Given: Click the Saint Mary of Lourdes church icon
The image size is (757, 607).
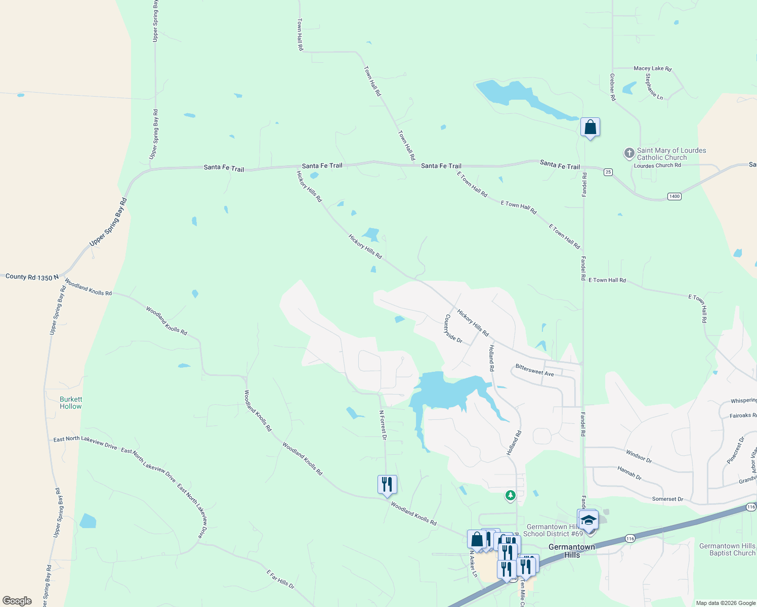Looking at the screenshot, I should coord(629,153).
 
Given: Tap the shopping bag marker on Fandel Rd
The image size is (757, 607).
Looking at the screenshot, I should coord(590,127).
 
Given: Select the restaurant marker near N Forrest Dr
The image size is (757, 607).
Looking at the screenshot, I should coord(387,485).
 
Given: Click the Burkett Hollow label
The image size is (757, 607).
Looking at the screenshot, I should coord(71,403).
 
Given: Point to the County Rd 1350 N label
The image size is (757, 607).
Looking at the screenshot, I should coord(32,277).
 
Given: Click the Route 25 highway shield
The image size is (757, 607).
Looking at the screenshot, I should coord(608,172).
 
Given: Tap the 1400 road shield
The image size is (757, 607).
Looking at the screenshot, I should coord(674,196).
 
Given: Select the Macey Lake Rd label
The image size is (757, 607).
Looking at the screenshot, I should coord(652,68).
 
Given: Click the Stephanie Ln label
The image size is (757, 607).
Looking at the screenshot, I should coord(654,86).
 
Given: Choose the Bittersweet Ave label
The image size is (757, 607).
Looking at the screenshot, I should coord(534,370).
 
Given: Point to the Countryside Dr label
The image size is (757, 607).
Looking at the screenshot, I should coord(453,329).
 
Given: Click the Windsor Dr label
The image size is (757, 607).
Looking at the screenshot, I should coord(639,456).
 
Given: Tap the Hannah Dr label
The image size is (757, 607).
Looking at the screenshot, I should coord(629,473).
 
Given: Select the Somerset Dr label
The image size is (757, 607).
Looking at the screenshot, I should coord(667,499).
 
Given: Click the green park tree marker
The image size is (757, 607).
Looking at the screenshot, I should coord(511,496).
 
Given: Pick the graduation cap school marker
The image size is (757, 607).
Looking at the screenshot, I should coord(589,520).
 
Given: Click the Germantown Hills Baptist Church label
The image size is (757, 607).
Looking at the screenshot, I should coord(727,549).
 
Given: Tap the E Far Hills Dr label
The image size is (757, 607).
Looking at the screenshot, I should coord(280,580).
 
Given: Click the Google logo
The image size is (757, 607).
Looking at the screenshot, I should coord(17,601).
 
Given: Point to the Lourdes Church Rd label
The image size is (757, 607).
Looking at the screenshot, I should coord(657,165).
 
